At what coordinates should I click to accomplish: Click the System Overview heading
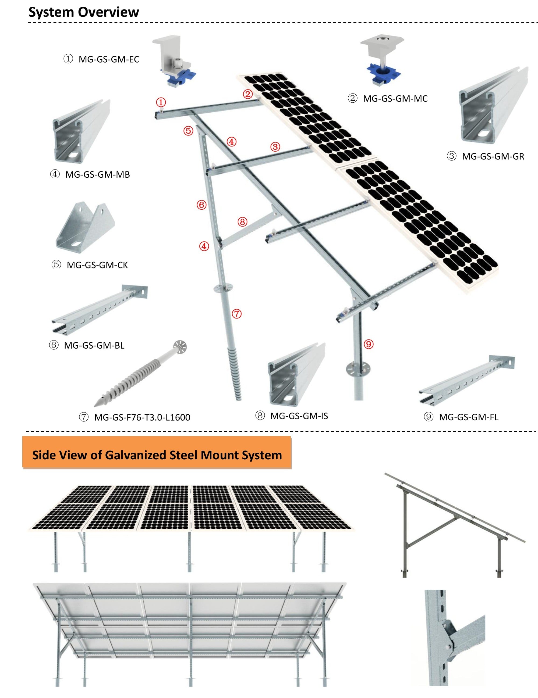(84, 12)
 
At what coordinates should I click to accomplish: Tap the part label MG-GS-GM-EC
(109, 59)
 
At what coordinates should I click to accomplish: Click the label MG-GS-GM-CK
(97, 265)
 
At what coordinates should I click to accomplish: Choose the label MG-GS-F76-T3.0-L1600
(142, 417)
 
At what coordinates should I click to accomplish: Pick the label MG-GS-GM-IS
(299, 416)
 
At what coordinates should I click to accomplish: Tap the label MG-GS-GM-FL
(469, 417)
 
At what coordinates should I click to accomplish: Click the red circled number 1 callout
(161, 102)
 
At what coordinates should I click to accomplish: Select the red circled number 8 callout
(242, 221)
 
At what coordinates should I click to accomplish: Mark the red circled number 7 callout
(236, 314)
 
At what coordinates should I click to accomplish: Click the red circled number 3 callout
(275, 147)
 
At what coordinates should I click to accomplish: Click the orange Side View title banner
(157, 455)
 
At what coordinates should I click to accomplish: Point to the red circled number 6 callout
(201, 205)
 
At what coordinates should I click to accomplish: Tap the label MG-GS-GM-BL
(94, 345)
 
